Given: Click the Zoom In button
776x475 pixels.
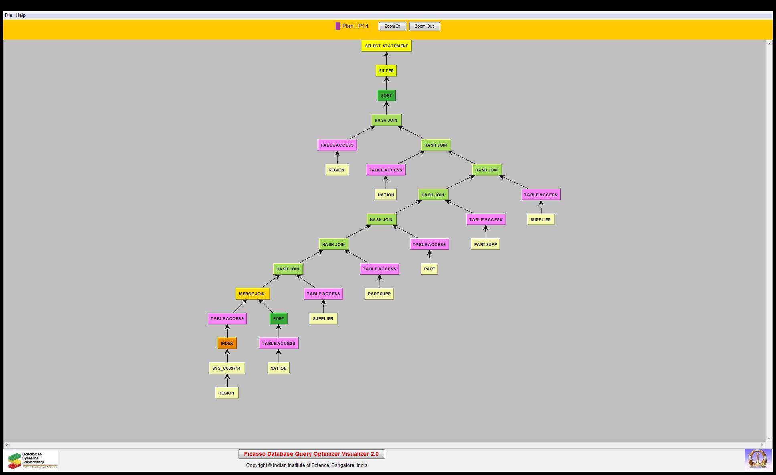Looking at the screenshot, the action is pyautogui.click(x=392, y=26).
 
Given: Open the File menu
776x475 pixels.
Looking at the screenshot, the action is pyautogui.click(x=8, y=15).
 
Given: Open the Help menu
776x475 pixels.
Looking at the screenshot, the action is pyautogui.click(x=20, y=15).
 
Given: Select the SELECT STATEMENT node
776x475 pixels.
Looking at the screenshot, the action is pyautogui.click(x=386, y=46).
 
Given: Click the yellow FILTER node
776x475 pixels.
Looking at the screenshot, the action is pyautogui.click(x=386, y=71).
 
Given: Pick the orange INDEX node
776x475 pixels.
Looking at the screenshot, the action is pyautogui.click(x=227, y=344).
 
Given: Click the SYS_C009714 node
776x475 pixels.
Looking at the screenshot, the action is pyautogui.click(x=227, y=368).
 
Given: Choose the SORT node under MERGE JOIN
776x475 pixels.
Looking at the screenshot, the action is pyautogui.click(x=279, y=319).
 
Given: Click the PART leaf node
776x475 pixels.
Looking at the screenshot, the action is pyautogui.click(x=430, y=269).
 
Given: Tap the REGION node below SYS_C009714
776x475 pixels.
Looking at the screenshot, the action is pyautogui.click(x=227, y=393).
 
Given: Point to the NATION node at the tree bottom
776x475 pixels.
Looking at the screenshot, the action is pyautogui.click(x=279, y=368).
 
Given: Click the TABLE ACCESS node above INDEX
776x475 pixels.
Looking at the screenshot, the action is pyautogui.click(x=227, y=319).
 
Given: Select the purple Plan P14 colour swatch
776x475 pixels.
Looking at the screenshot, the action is pyautogui.click(x=338, y=26).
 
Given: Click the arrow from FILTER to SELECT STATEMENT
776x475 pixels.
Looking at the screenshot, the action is pyautogui.click(x=387, y=58).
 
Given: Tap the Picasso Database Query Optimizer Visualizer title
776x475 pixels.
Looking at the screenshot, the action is pyautogui.click(x=311, y=454).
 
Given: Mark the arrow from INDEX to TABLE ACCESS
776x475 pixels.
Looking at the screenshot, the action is pyautogui.click(x=227, y=331).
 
